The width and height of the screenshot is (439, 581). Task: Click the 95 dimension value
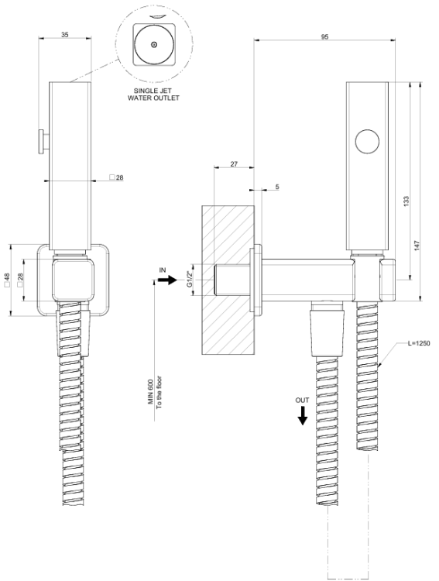pos(324,36)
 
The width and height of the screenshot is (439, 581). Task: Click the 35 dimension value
pos(65,35)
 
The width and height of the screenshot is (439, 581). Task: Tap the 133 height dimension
pos(406,201)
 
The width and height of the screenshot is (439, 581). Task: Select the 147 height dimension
pos(417,246)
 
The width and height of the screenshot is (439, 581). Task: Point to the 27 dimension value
pos(234,163)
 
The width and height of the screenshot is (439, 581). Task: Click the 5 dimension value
pos(277,187)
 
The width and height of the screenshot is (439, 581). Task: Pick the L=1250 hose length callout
pos(419,343)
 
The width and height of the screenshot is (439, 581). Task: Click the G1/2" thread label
pos(190,280)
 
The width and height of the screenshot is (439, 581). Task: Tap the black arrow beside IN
pos(168,280)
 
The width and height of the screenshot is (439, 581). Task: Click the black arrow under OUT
pos(303,416)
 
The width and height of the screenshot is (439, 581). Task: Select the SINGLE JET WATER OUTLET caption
pos(153,95)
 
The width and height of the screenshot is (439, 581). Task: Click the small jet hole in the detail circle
pos(154,45)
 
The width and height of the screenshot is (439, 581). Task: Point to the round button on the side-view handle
pos(367,141)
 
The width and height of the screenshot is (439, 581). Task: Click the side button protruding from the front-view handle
pos(44,141)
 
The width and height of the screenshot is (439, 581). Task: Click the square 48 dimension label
pos(7,280)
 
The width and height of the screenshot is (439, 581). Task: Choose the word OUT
pos(302,401)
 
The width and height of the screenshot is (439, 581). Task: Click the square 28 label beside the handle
pos(117,177)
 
